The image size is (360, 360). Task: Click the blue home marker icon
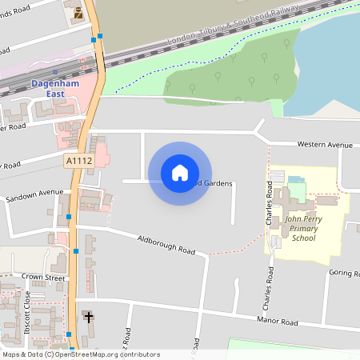pos(180,173)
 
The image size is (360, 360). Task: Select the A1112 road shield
pos(76,161)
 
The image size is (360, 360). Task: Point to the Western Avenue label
pos(324,145)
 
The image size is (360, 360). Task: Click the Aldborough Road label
pos(166,245)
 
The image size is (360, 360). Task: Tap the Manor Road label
pos(277,322)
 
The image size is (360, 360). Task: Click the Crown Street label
pos(43,277)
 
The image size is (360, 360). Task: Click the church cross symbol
pos(88,318)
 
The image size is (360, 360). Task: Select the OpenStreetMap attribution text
pos(80,354)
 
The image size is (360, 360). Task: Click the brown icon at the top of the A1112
pos(78,14)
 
